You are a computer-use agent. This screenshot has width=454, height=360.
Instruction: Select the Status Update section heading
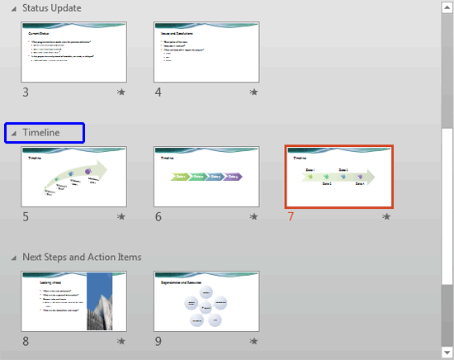[51, 8]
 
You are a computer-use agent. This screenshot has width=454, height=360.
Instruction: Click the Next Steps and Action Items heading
[82, 257]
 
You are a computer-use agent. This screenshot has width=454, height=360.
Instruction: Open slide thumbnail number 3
[73, 52]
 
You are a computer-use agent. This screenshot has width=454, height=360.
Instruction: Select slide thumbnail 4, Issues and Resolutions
[206, 52]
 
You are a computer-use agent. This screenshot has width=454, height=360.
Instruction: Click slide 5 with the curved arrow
[73, 177]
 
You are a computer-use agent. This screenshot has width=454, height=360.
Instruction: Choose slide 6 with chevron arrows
[206, 177]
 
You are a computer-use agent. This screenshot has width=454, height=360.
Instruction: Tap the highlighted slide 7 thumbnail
[339, 177]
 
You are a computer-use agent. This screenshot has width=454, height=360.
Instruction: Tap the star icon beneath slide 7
[386, 217]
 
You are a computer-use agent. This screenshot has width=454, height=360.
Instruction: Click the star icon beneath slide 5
[121, 217]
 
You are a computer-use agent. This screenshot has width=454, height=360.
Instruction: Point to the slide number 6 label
[158, 217]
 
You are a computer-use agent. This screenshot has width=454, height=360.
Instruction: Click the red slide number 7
[291, 217]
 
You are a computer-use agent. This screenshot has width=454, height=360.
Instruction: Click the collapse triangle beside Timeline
[13, 132]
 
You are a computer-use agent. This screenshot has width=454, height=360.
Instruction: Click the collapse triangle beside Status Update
[13, 9]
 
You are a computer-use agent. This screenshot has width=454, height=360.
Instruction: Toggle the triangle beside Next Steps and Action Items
[13, 258]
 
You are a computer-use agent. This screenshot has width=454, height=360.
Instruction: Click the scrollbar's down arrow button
[447, 353]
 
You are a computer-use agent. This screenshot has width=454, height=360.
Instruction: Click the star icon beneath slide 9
[254, 341]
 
